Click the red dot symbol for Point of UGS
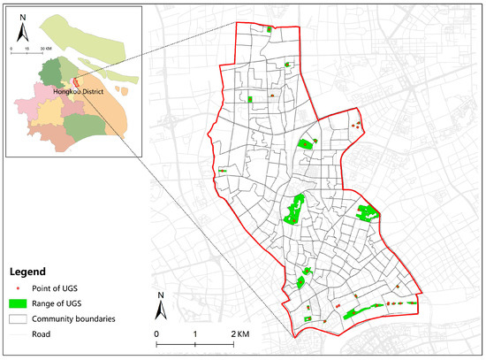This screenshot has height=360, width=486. pos(24,290)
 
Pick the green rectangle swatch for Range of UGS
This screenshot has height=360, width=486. pos(24,304)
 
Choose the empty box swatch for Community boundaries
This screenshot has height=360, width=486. pos(24,318)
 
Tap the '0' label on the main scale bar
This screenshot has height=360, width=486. pos(156,334)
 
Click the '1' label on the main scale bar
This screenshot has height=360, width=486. pos(195,334)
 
